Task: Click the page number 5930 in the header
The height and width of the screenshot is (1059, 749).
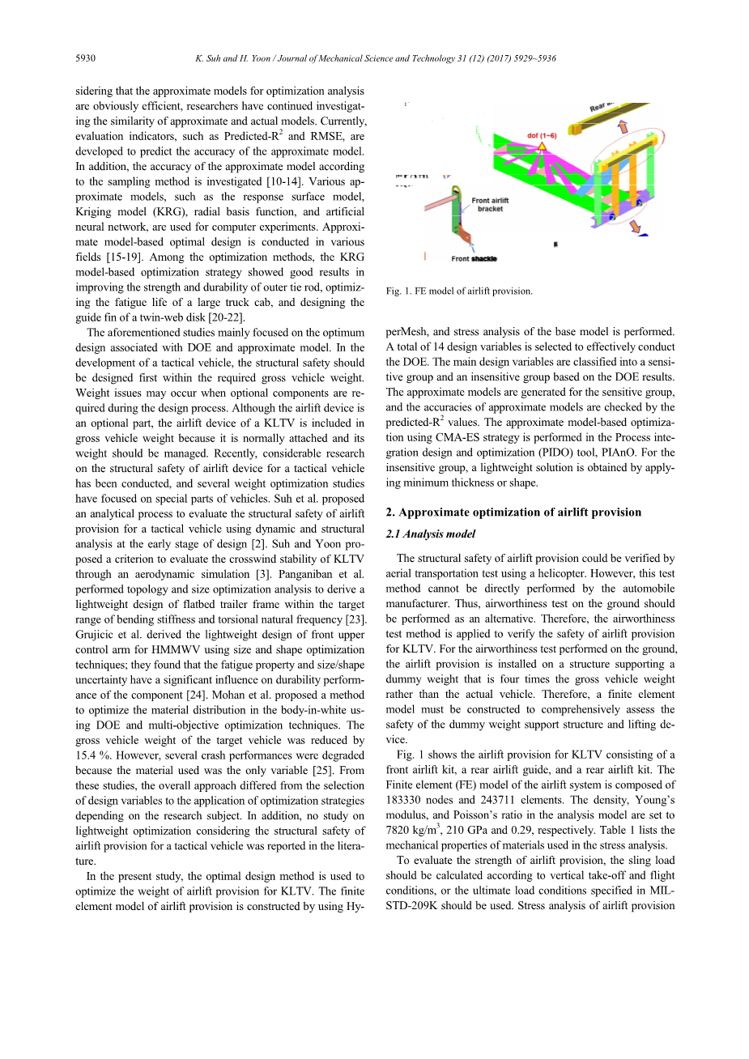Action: coord(85,58)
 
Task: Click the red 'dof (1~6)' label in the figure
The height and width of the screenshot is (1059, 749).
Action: coord(542,135)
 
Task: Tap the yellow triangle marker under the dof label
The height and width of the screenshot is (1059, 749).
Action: coord(542,146)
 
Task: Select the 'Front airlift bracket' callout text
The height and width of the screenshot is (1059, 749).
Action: coord(490,205)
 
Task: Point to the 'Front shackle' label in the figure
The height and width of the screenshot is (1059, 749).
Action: coord(474,258)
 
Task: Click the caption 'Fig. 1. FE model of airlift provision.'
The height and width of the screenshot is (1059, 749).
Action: coord(459,291)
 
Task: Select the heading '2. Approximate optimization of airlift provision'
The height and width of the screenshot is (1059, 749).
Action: coord(513,512)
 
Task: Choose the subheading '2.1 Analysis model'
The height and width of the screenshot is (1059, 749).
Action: coord(431,534)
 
